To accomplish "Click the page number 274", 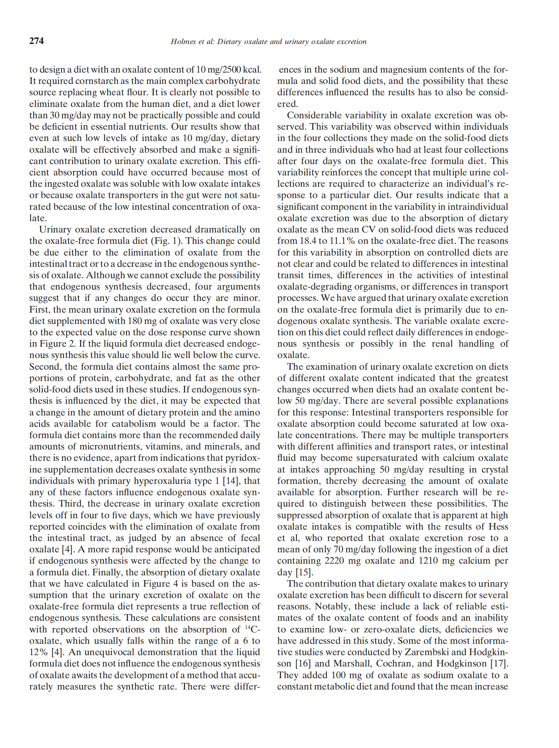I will (x=36, y=41).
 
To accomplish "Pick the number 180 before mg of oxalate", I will (x=135, y=321).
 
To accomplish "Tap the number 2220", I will (x=334, y=561).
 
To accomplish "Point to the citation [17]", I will (x=499, y=663).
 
